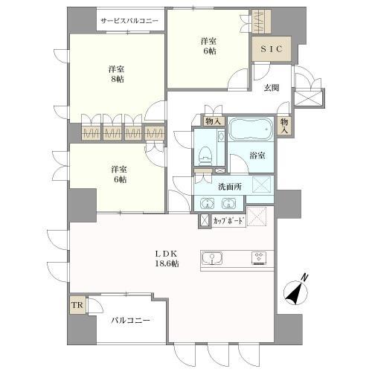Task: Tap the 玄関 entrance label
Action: [271, 88]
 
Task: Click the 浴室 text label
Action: [257, 155]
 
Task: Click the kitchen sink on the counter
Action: [212, 259]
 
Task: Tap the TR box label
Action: [76, 305]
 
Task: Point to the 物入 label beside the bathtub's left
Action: [214, 121]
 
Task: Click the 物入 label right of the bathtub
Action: [284, 125]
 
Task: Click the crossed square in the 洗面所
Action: [261, 186]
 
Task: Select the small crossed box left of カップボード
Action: [203, 221]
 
